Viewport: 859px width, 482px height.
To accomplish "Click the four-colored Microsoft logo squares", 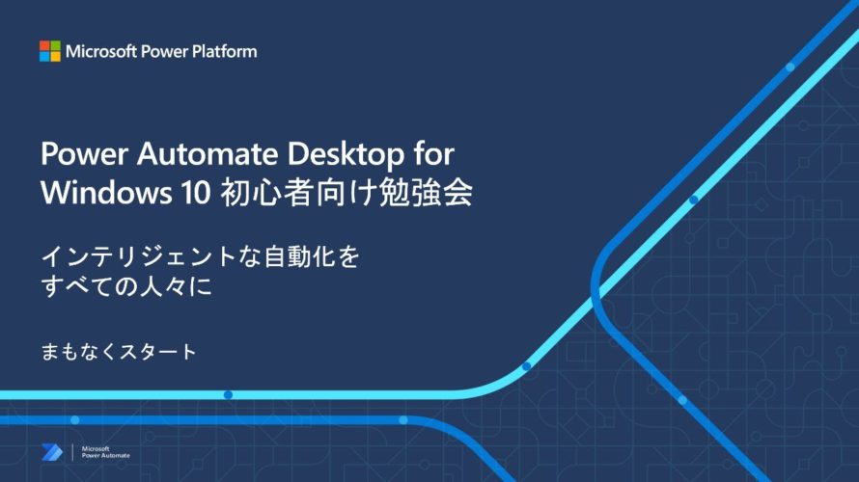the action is tap(50, 51).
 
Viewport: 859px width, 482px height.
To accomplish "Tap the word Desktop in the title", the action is tap(346, 155).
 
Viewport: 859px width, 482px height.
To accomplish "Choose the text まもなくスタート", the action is tap(119, 351).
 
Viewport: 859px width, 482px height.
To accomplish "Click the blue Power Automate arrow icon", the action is tap(52, 452).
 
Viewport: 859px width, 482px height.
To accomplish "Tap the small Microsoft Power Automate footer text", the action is tap(106, 452).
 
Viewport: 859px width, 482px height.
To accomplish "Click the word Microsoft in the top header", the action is tap(100, 51).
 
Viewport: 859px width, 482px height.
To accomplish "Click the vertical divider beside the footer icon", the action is tap(72, 452).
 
